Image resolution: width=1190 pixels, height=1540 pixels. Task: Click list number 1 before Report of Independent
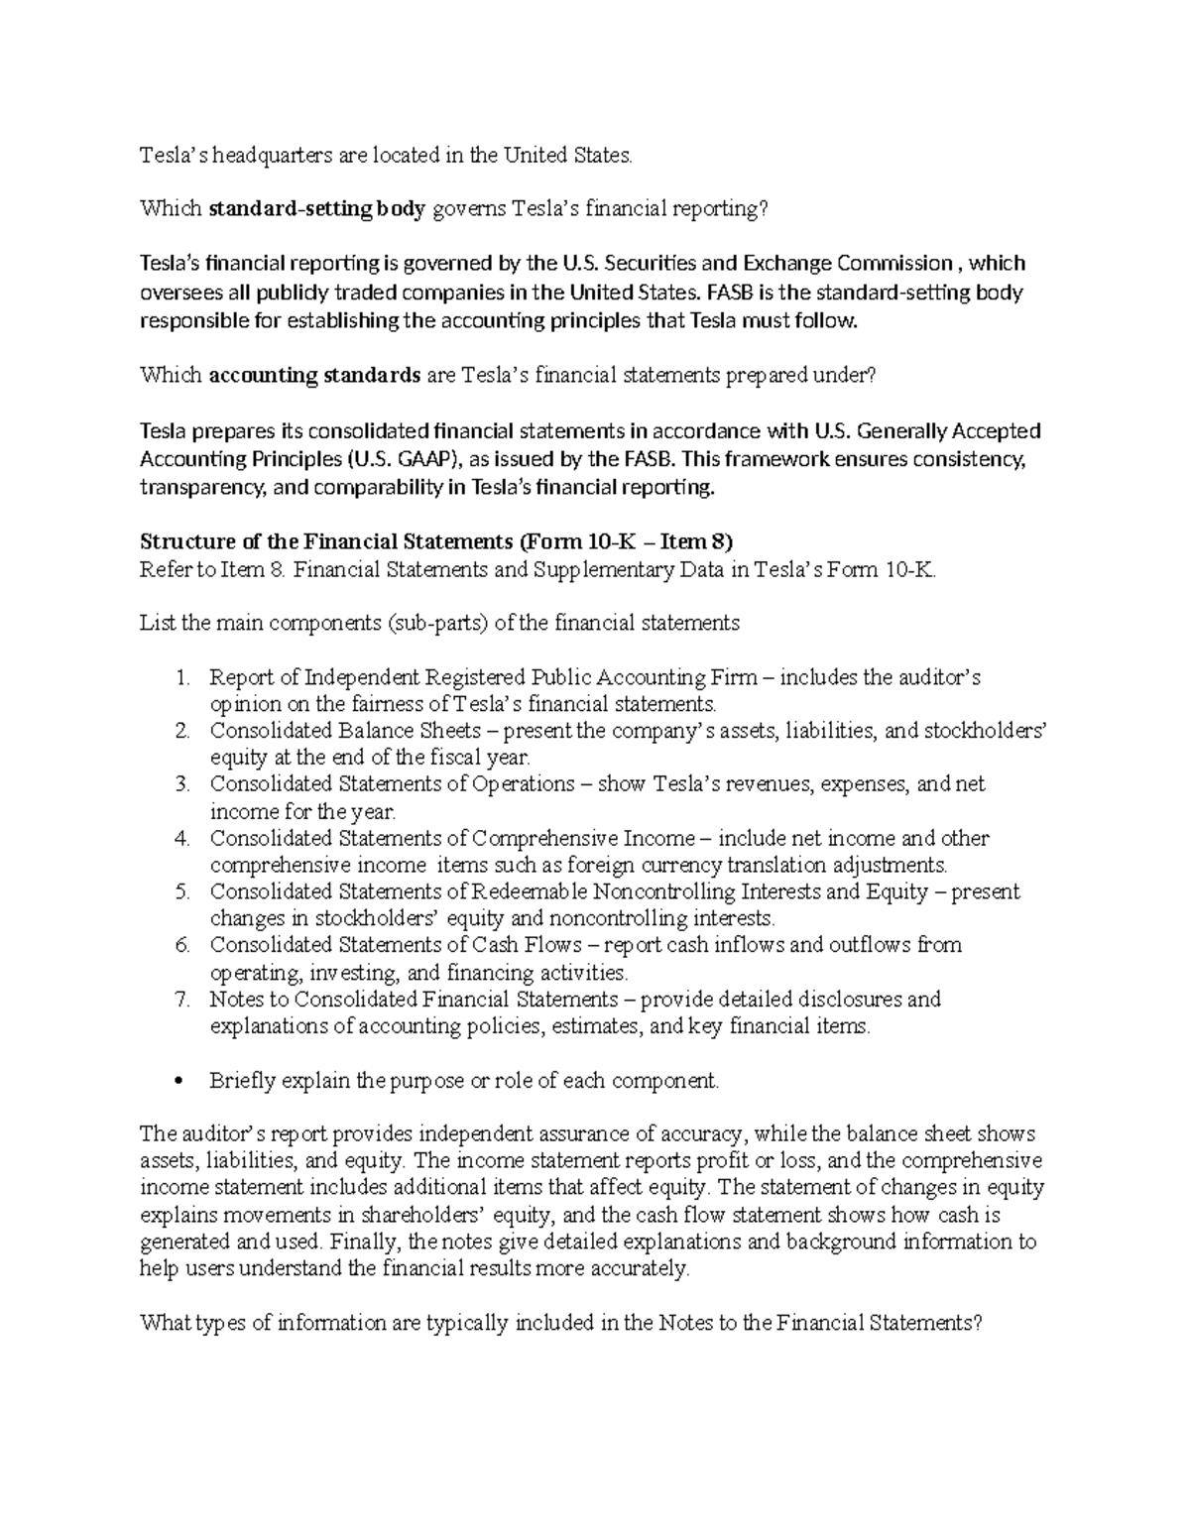click(181, 678)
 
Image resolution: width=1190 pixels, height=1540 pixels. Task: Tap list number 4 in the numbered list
click(181, 839)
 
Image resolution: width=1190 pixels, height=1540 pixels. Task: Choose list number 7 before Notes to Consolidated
click(181, 1000)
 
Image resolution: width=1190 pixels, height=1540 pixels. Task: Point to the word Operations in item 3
click(521, 784)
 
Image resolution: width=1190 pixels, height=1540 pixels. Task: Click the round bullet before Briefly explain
click(179, 1081)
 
